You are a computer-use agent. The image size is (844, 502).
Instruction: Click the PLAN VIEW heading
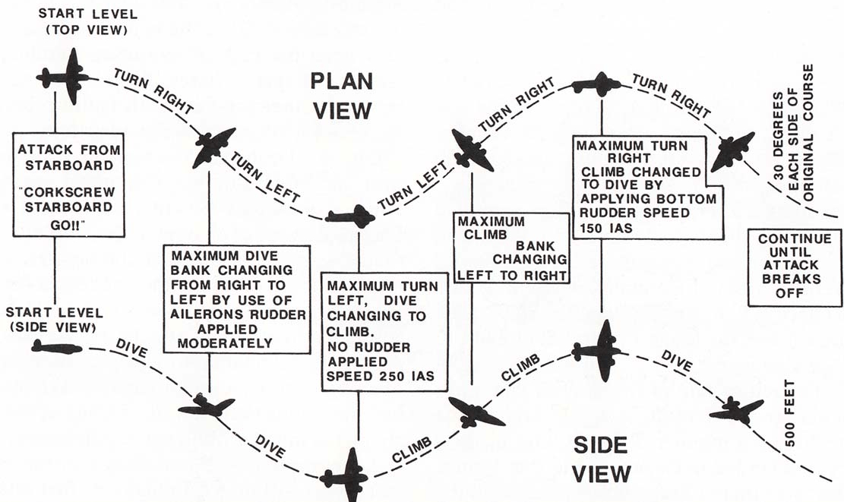pyautogui.click(x=343, y=96)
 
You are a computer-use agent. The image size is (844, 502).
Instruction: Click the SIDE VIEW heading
pyautogui.click(x=601, y=460)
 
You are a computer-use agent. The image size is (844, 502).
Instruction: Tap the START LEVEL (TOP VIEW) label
pyautogui.click(x=87, y=21)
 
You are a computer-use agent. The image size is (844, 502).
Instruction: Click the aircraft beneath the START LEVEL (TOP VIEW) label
pyautogui.click(x=64, y=77)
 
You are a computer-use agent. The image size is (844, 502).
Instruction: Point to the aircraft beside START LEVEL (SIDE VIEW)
pyautogui.click(x=56, y=347)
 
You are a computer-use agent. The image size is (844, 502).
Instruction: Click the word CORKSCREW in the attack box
pyautogui.click(x=69, y=192)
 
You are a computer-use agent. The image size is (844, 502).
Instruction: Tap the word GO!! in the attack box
pyautogui.click(x=68, y=226)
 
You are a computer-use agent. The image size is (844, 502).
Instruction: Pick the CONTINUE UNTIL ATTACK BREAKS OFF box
pyautogui.click(x=795, y=267)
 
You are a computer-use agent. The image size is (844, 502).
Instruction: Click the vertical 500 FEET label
pyautogui.click(x=789, y=412)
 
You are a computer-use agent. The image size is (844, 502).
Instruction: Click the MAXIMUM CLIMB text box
pyautogui.click(x=511, y=248)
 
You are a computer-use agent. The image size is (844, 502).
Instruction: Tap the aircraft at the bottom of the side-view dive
pyautogui.click(x=344, y=475)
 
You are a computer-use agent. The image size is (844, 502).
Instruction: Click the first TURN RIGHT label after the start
pyautogui.click(x=153, y=91)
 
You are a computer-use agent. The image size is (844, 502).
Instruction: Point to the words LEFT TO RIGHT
pyautogui.click(x=511, y=276)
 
